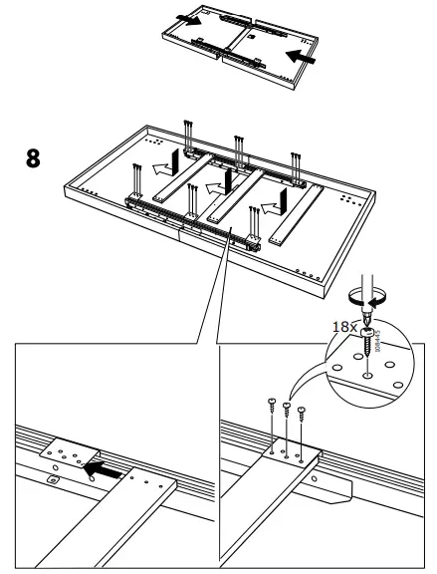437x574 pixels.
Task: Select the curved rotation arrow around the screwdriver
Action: pos(367,296)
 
